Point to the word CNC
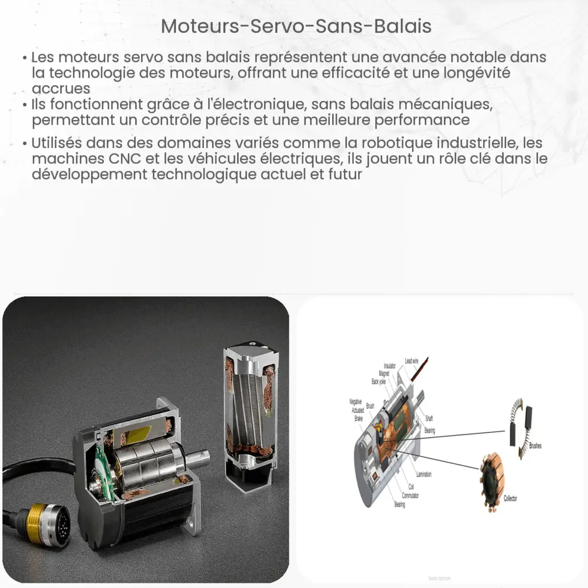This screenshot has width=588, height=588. click(106, 159)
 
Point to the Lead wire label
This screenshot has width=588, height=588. click(412, 360)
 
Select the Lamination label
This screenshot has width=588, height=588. click(424, 474)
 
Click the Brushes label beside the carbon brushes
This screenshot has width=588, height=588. click(535, 446)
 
